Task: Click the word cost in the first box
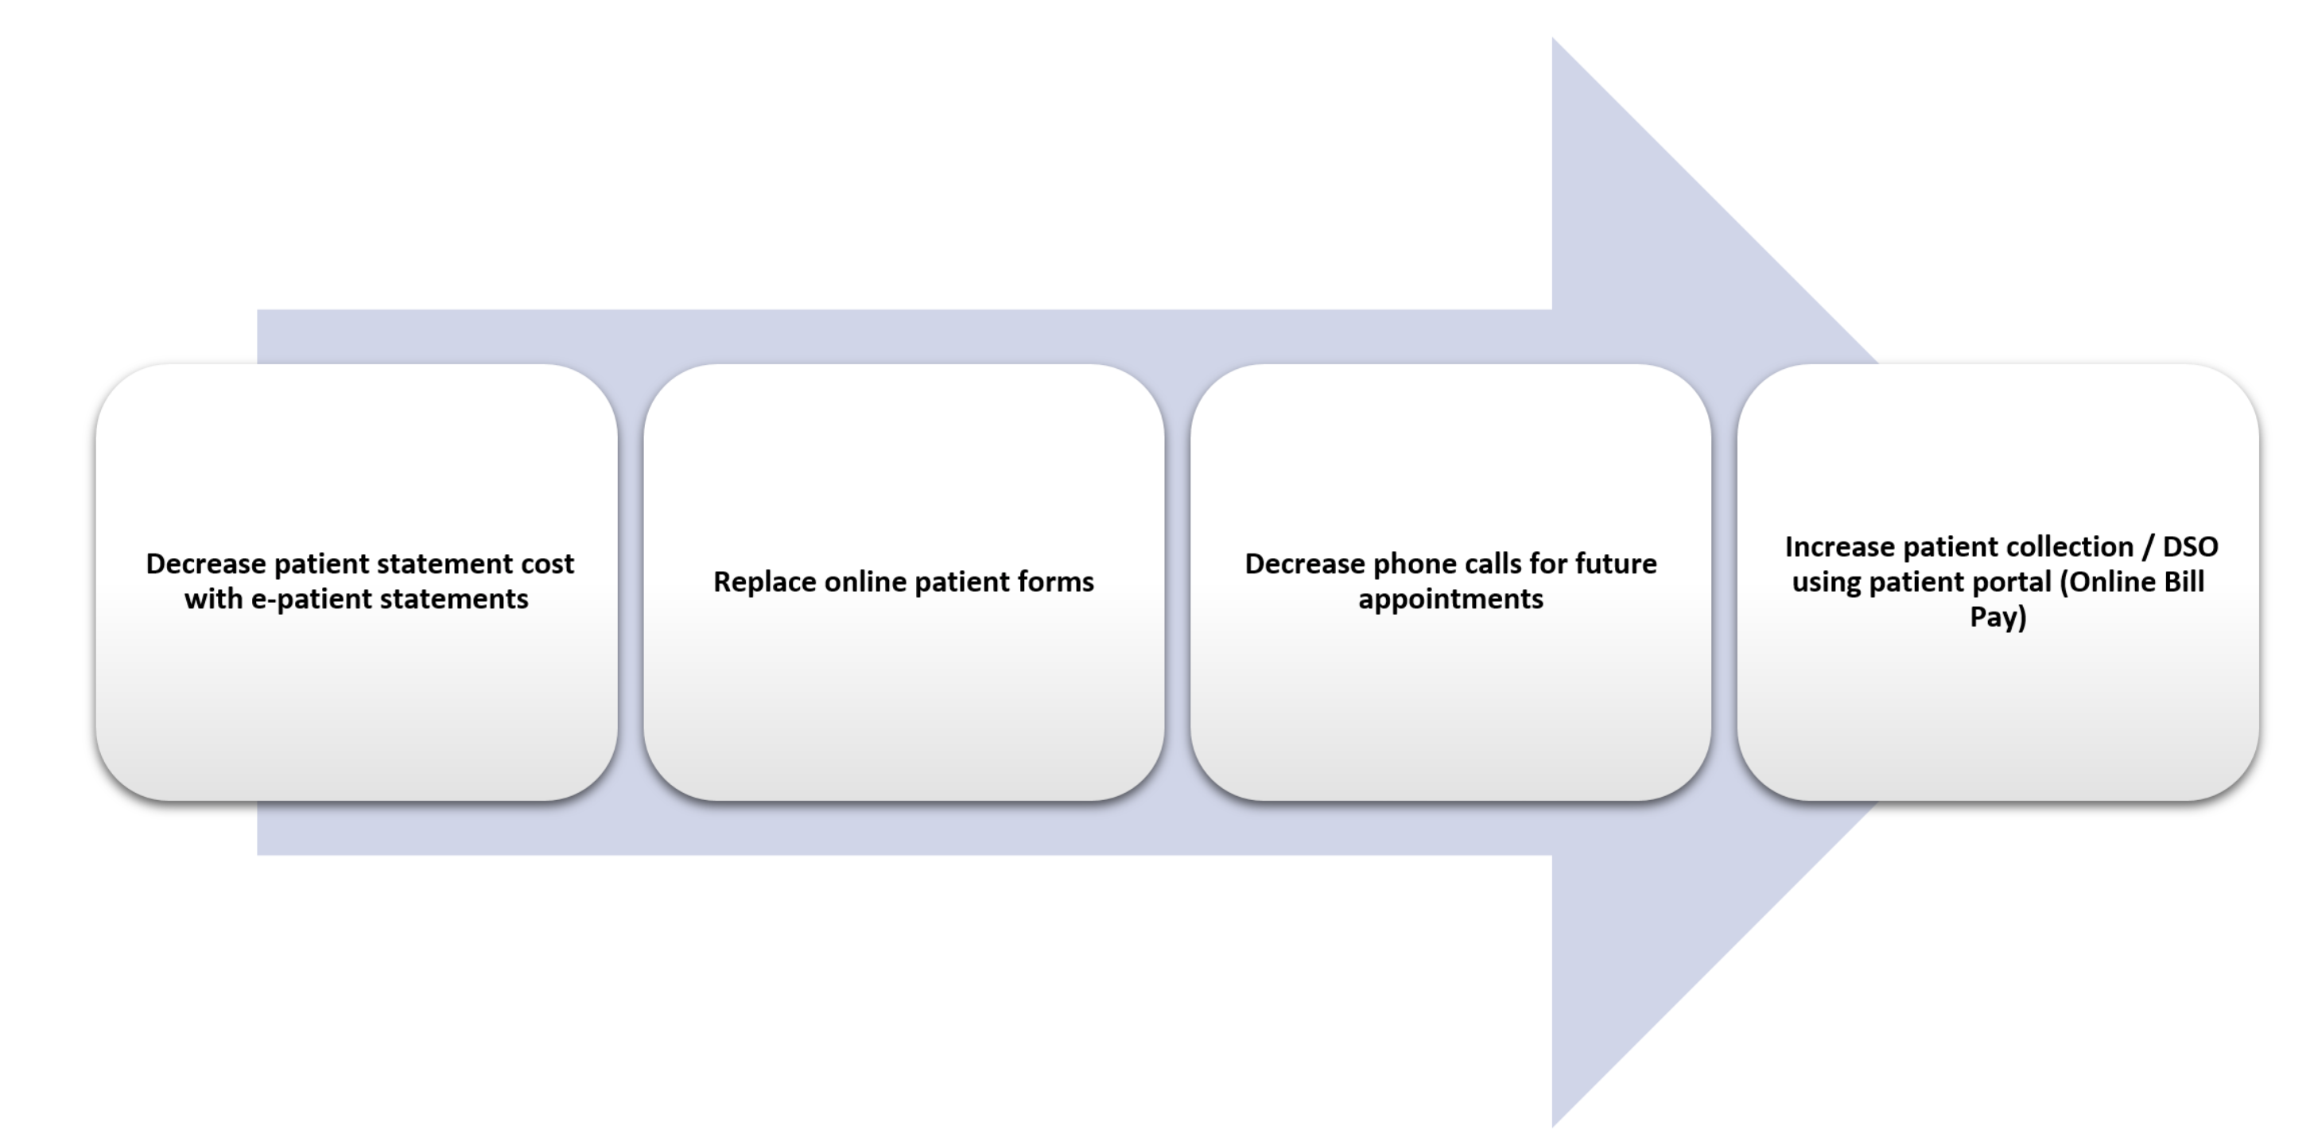pyautogui.click(x=547, y=565)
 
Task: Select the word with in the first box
pyautogui.click(x=214, y=599)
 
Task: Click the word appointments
pyautogui.click(x=1450, y=600)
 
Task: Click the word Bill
pyautogui.click(x=2184, y=581)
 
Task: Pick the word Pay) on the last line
pyautogui.click(x=1998, y=618)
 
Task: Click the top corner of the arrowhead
pyautogui.click(x=1552, y=37)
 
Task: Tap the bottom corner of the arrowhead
pyautogui.click(x=1552, y=1127)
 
